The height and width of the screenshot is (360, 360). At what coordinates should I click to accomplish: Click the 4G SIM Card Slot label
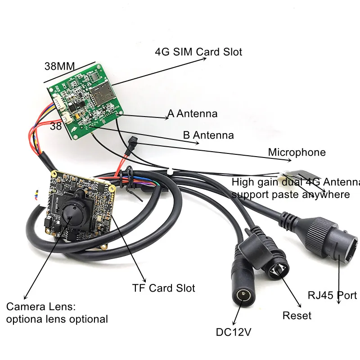(x=198, y=52)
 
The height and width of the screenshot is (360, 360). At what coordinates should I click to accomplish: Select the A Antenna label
(x=192, y=113)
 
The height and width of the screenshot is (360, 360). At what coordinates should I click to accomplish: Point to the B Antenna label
(x=208, y=135)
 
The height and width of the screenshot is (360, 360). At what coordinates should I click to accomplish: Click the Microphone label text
(x=297, y=152)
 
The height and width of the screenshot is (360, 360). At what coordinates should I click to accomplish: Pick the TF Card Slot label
(x=163, y=288)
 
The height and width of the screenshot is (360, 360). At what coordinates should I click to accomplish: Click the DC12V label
(x=234, y=332)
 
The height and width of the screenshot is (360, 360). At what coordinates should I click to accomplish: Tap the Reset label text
(x=297, y=315)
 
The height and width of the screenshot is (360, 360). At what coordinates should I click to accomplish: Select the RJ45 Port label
(x=332, y=295)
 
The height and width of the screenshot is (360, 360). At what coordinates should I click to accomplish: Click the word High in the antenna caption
(x=243, y=182)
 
